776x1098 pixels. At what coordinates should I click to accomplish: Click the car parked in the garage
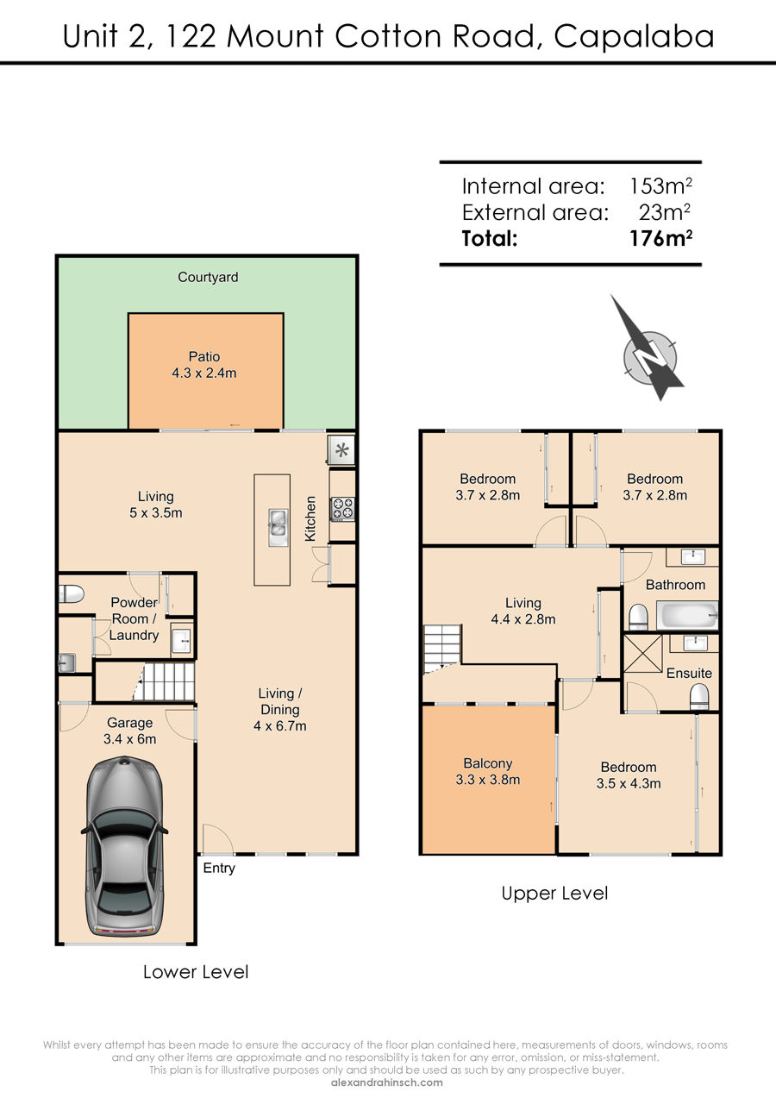coord(124,845)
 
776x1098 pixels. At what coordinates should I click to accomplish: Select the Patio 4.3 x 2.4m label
coord(203,365)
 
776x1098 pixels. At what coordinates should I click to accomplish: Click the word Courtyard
coord(208,277)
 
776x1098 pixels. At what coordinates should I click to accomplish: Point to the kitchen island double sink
coord(278,527)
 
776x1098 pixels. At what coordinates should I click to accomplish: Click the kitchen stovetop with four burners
coord(342,508)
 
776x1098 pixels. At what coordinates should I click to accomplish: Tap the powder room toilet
coord(71,594)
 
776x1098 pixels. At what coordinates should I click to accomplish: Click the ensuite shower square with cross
coord(642,654)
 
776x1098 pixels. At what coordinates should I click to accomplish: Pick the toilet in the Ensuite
coord(699,697)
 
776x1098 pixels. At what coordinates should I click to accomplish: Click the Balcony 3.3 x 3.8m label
coord(488,772)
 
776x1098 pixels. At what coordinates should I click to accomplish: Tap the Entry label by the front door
coord(219,868)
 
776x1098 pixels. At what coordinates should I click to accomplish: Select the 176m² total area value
coord(660,238)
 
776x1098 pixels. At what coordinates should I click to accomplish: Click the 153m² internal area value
coord(660,185)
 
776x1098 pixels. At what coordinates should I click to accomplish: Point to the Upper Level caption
coord(554,893)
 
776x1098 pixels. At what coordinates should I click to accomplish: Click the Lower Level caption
coord(196,972)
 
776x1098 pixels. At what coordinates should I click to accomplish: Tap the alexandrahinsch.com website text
coord(387,1082)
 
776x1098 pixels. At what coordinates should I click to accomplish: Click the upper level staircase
coord(442,649)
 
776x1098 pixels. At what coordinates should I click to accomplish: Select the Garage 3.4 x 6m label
coord(130,731)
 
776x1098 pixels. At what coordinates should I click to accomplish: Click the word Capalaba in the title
coord(634,36)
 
